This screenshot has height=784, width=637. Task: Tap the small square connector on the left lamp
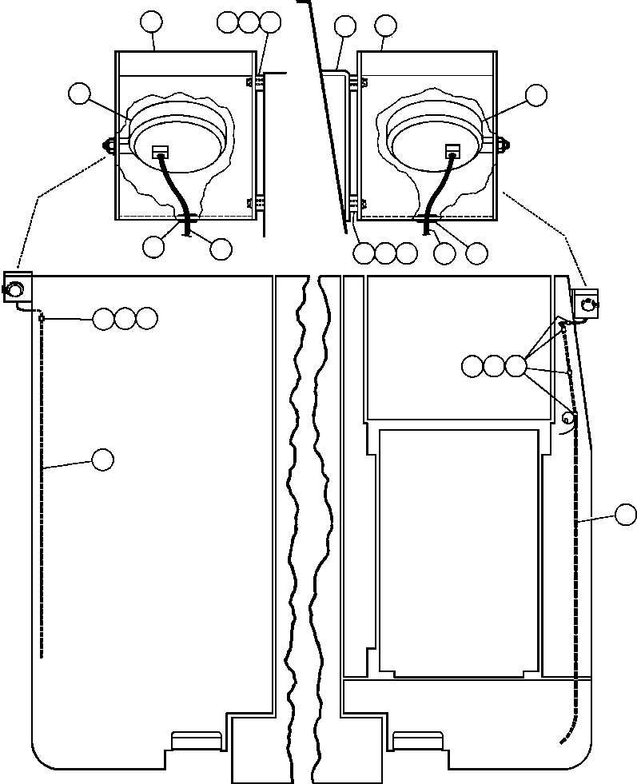coord(159,150)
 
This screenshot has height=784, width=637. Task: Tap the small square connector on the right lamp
coord(453,150)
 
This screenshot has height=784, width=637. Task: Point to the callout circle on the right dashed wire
coord(626,515)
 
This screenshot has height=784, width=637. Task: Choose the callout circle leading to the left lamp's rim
coord(79,94)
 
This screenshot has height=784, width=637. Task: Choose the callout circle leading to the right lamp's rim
coord(535,95)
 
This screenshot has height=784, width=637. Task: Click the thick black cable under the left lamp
coord(176,192)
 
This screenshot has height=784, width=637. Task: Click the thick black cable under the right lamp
coord(437,192)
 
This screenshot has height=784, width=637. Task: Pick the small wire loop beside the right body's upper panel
coord(569,418)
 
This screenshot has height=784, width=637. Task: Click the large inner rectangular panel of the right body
coord(458,551)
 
